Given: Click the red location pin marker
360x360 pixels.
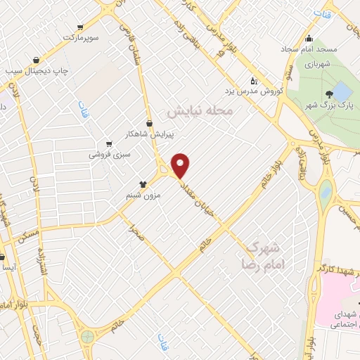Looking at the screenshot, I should [x=181, y=165].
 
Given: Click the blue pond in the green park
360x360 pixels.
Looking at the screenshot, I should [x=341, y=91].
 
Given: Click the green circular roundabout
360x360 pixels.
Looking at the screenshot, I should [x=87, y=337].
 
